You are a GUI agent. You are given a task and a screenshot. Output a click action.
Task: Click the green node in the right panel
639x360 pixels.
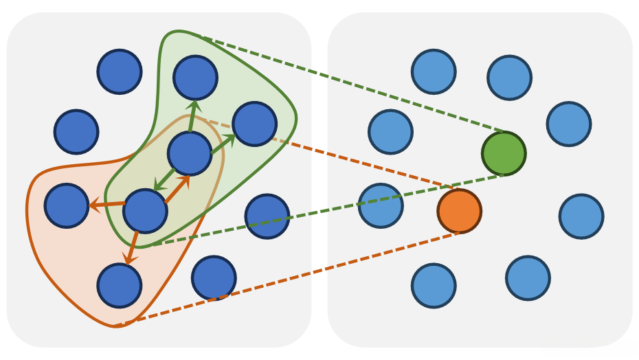pyautogui.click(x=504, y=153)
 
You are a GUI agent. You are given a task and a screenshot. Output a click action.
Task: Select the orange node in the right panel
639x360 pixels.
pyautogui.click(x=459, y=211)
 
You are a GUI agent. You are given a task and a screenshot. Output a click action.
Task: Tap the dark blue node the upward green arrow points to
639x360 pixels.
pyautogui.click(x=195, y=78)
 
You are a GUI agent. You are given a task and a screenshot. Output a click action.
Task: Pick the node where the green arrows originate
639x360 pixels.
pyautogui.click(x=190, y=153)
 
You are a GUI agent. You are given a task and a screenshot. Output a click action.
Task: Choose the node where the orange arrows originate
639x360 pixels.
pyautogui.click(x=145, y=211)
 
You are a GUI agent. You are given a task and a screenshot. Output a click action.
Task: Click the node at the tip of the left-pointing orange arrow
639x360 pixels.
pyautogui.click(x=67, y=205)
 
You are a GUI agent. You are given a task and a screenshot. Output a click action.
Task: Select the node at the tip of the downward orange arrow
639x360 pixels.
pyautogui.click(x=120, y=285)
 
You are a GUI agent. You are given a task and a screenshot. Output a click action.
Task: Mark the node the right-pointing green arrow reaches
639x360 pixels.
pyautogui.click(x=254, y=124)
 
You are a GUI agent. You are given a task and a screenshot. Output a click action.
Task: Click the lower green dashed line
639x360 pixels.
pyautogui.click(x=330, y=210)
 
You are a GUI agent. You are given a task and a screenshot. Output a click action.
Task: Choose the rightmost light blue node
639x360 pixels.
pyautogui.click(x=581, y=216)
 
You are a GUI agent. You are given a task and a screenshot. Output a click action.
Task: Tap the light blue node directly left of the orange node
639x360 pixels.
pyautogui.click(x=381, y=205)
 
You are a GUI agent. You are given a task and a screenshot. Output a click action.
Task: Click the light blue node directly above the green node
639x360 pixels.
pyautogui.click(x=509, y=78)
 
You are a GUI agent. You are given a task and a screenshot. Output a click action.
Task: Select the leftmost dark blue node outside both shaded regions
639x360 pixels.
pyautogui.click(x=76, y=131)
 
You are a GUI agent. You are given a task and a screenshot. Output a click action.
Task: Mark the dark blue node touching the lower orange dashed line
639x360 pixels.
pyautogui.click(x=214, y=278)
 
